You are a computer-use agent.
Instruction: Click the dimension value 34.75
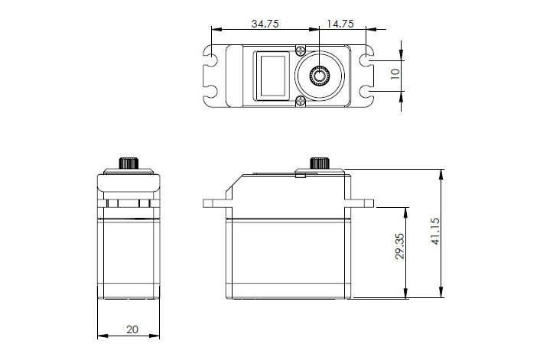(264, 24)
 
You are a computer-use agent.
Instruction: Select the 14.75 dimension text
(339, 24)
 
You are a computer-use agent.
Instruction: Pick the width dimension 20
(132, 329)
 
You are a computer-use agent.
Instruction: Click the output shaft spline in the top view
(318, 75)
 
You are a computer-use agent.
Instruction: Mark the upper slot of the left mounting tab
(209, 58)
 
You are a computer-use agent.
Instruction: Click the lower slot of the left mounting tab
(209, 93)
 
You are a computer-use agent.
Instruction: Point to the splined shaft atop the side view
(318, 163)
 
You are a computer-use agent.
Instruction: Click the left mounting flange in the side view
(216, 204)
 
